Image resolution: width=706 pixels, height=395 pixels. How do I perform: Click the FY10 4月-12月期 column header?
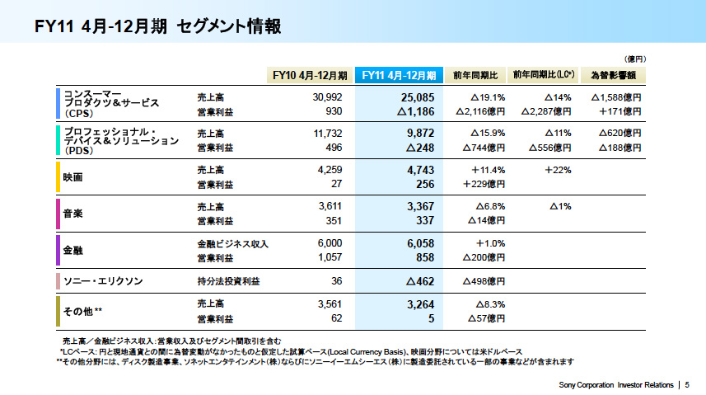tap(311, 75)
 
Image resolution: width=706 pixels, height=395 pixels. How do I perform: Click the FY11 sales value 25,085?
tap(414, 96)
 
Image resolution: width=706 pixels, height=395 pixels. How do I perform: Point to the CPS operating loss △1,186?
tap(414, 111)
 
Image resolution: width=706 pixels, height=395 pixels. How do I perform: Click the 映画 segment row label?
tap(73, 176)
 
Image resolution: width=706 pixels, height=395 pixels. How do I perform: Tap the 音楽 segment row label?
tap(73, 213)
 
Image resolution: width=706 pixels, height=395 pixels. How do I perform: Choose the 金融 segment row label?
tap(73, 249)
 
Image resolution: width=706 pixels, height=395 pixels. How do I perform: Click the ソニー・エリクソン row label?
tap(103, 281)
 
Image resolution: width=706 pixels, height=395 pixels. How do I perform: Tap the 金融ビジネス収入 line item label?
tap(233, 243)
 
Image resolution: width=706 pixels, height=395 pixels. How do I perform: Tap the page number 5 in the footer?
tap(687, 385)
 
